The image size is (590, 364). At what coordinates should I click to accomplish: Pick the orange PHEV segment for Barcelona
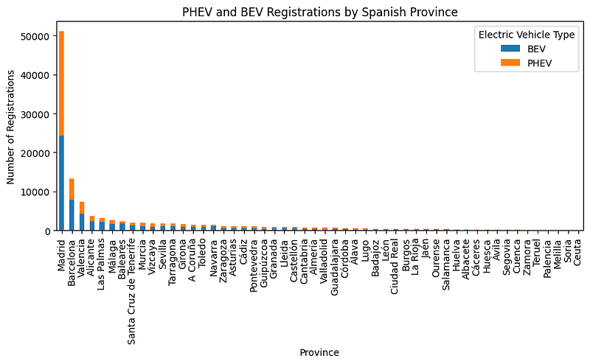tap(72, 189)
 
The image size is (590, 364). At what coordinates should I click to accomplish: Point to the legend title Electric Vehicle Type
tap(525, 35)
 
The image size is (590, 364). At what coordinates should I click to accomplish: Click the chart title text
tap(320, 12)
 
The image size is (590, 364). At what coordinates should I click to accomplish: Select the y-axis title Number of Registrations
tap(11, 127)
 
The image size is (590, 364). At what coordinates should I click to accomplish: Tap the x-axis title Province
tap(319, 353)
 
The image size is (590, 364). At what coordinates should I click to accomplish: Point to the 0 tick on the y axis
tap(46, 231)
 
